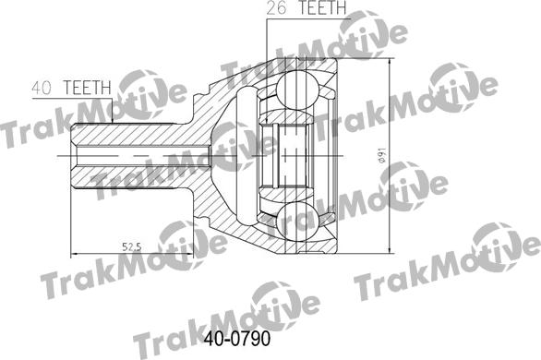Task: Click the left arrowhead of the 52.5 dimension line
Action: (76, 252)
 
